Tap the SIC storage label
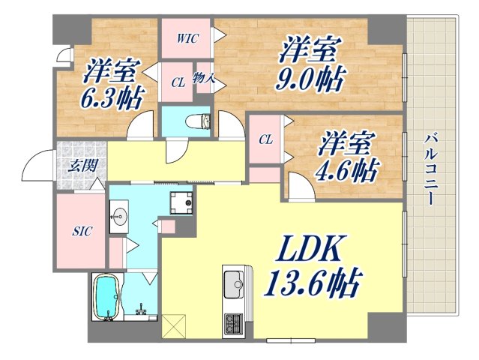(82, 231)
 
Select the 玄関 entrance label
(82, 166)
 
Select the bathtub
(106, 298)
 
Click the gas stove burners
(233, 324)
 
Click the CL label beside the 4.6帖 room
(266, 139)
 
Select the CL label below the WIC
(178, 83)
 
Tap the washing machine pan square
(181, 201)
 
